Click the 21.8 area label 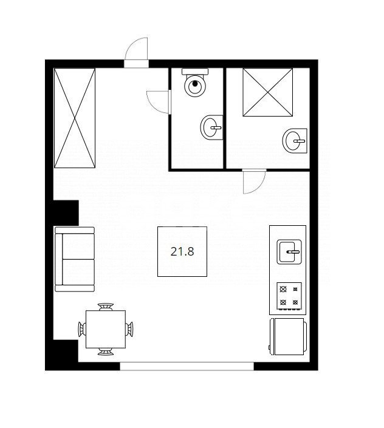point(182,251)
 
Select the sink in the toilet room point(211,127)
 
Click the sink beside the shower point(295,141)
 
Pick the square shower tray point(268,92)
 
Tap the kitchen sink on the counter point(289,252)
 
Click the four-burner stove point(289,296)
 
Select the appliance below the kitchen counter point(288,336)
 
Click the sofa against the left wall point(75,259)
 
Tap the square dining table point(106,329)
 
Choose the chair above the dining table point(106,307)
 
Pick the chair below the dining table point(106,352)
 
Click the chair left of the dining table point(82,329)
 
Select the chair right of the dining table point(129,329)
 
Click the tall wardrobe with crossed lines point(75,118)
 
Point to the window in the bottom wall point(187,366)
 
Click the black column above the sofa point(66,213)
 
